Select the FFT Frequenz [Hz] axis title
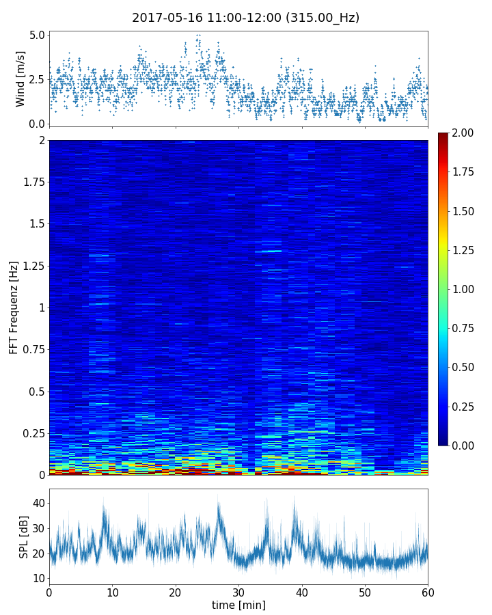pyautogui.click(x=14, y=307)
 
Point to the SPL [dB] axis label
pyautogui.click(x=24, y=537)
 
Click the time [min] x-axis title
pyautogui.click(x=238, y=605)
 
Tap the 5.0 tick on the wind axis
pyautogui.click(x=38, y=35)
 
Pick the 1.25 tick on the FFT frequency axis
pyautogui.click(x=33, y=266)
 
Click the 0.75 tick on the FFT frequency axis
pyautogui.click(x=33, y=349)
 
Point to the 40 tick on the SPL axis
pyautogui.click(x=38, y=503)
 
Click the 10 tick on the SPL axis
pyautogui.click(x=38, y=578)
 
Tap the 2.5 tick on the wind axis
pyautogui.click(x=38, y=79)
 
